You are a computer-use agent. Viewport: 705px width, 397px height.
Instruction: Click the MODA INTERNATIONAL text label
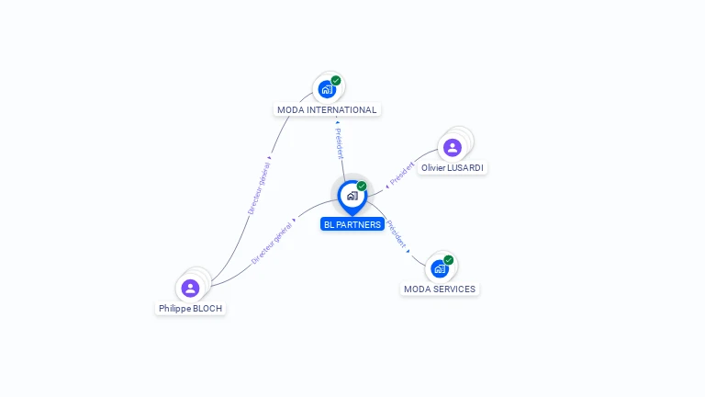pyautogui.click(x=327, y=110)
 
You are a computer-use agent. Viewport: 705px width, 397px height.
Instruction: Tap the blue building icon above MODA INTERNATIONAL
pyautogui.click(x=327, y=89)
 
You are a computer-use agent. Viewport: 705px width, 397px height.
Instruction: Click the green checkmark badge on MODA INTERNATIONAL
pyautogui.click(x=336, y=81)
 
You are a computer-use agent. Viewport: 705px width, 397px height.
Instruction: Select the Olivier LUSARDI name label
pyautogui.click(x=453, y=168)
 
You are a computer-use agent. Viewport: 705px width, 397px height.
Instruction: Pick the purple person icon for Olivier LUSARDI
pyautogui.click(x=453, y=148)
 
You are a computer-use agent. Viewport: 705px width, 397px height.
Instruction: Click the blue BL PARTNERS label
pyautogui.click(x=352, y=224)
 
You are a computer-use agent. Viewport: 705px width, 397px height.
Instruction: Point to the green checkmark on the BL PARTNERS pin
pyautogui.click(x=362, y=186)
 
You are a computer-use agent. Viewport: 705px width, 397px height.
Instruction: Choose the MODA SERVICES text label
pyautogui.click(x=440, y=289)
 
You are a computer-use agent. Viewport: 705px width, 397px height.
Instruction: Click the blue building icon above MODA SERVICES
pyautogui.click(x=440, y=268)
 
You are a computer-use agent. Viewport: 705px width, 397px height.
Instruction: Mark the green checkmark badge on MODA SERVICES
pyautogui.click(x=449, y=260)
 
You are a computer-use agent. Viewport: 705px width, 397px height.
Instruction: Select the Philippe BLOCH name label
pyautogui.click(x=190, y=309)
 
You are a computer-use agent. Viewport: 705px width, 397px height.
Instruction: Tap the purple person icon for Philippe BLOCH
pyautogui.click(x=190, y=288)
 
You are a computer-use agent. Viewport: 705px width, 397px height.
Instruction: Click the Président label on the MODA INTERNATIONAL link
pyautogui.click(x=340, y=143)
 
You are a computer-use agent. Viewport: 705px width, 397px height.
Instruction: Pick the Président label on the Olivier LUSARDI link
pyautogui.click(x=402, y=174)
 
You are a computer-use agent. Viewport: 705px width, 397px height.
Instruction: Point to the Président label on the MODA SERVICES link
pyautogui.click(x=397, y=234)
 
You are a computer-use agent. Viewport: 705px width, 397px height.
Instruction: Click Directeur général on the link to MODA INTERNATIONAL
pyautogui.click(x=260, y=188)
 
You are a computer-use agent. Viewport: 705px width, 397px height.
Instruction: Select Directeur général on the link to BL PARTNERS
pyautogui.click(x=272, y=243)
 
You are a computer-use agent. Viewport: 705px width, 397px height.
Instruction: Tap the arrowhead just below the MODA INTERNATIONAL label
pyautogui.click(x=337, y=122)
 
